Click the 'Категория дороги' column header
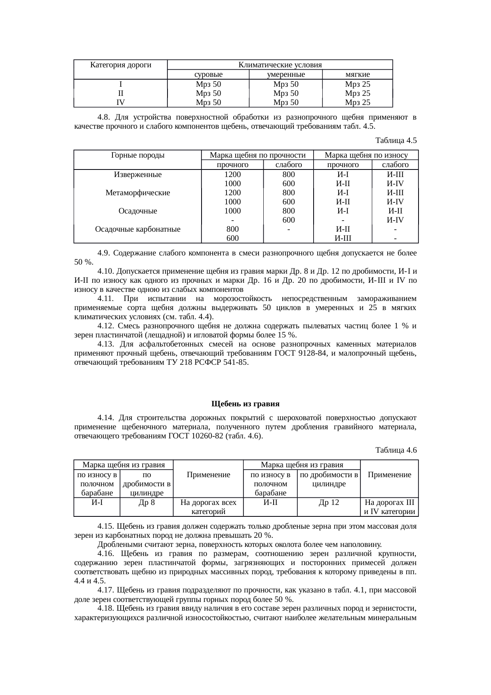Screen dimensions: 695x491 click(121, 65)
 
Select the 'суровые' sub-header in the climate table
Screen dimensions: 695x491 click(208, 74)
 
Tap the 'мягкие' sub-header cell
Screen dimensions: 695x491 click(357, 74)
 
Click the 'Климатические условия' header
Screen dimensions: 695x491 click(280, 65)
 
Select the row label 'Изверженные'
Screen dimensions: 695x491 click(137, 175)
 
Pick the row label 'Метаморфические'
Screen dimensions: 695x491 click(137, 193)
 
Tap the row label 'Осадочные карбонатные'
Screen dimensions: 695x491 click(137, 229)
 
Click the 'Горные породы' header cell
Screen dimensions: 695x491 click(137, 155)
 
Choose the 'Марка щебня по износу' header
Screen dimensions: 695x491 click(366, 155)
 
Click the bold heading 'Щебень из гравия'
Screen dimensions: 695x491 click(246, 404)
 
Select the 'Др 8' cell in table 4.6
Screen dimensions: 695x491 click(147, 503)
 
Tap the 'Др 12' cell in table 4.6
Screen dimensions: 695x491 click(329, 503)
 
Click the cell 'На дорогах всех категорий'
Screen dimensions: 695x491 click(208, 507)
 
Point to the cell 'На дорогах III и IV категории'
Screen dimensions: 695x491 click(389, 507)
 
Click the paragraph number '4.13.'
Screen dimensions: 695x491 click(106, 344)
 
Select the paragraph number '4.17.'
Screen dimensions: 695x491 click(106, 590)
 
